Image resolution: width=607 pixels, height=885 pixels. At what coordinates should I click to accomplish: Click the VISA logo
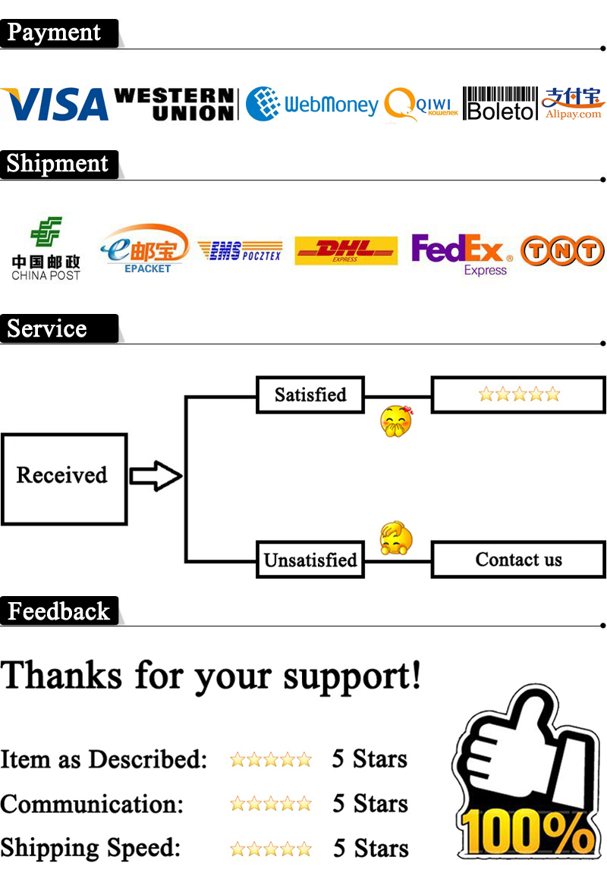tap(55, 105)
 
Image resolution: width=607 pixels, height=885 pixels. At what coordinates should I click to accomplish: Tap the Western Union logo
tap(174, 105)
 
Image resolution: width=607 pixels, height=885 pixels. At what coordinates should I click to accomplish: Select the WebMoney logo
tap(312, 104)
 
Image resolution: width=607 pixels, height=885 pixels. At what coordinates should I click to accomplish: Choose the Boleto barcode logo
tap(499, 104)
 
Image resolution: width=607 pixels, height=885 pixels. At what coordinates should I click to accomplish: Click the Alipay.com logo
tap(573, 104)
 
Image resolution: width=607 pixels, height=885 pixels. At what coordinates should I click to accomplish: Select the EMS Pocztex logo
tap(240, 251)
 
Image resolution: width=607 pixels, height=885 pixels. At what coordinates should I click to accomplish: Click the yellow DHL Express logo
tap(345, 250)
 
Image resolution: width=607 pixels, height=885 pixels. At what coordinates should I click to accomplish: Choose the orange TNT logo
tap(562, 251)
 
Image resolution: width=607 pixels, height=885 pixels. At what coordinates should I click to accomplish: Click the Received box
tap(63, 479)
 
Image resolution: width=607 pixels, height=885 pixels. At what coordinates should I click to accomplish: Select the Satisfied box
tap(310, 394)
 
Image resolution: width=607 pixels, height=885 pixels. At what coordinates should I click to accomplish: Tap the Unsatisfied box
tap(310, 560)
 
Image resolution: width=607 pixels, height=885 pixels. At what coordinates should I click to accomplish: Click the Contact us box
tap(519, 560)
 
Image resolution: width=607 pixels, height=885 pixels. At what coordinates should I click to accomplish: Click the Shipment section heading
tap(58, 164)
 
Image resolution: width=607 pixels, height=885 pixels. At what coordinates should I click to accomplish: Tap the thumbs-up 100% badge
tap(523, 781)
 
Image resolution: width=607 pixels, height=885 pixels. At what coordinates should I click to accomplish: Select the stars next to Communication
tap(271, 804)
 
